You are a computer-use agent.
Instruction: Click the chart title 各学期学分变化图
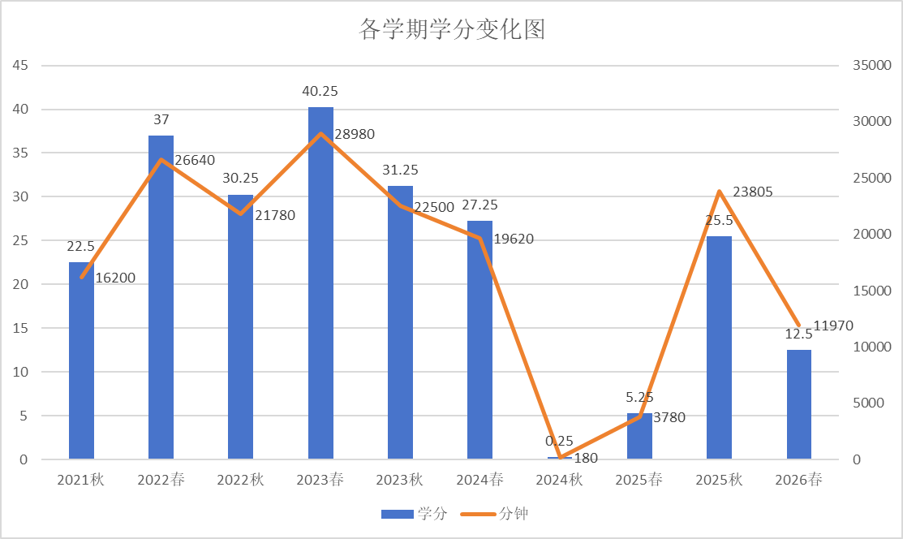point(451,30)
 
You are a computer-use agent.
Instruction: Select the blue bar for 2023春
point(320,284)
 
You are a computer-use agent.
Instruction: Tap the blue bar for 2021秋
point(81,361)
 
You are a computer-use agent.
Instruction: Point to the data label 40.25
point(320,92)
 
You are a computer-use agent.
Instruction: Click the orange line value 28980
point(354,134)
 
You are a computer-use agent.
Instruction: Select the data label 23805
point(752,192)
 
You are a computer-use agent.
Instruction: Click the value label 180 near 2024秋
point(585,458)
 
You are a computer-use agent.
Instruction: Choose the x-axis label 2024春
point(479,480)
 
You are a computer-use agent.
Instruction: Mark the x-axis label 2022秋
point(240,480)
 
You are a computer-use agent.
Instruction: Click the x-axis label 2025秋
point(719,480)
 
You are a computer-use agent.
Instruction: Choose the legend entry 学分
point(415,514)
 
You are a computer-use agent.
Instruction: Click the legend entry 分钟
point(497,514)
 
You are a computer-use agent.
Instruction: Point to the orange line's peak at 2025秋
point(719,192)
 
